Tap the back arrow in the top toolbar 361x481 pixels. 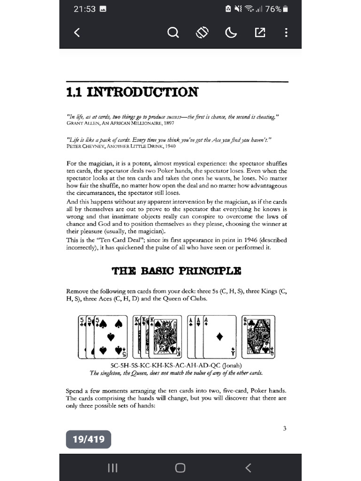tap(77, 32)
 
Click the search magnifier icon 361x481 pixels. tap(173, 32)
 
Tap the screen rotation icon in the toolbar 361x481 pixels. tap(202, 32)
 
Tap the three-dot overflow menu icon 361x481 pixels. tap(286, 32)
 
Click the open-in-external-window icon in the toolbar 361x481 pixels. tap(259, 32)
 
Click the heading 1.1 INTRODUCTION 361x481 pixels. tap(132, 92)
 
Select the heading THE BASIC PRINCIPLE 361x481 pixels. tap(176, 271)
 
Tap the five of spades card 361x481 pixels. tap(111, 336)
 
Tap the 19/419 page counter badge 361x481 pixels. tap(88, 439)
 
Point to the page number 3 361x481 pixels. tap(285, 428)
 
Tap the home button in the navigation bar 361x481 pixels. tap(180, 467)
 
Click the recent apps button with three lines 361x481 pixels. tap(112, 467)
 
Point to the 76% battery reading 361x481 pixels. tap(273, 9)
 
